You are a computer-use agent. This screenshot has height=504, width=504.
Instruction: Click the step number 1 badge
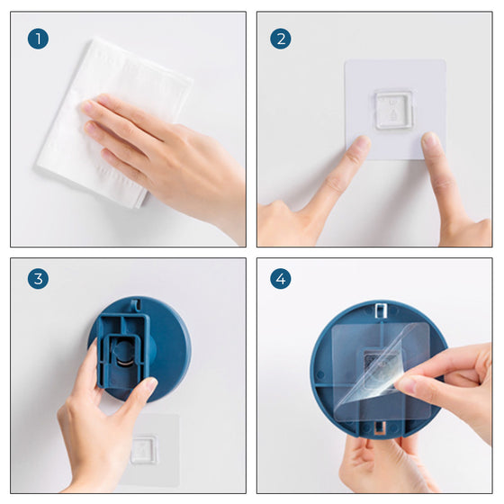tap(38, 39)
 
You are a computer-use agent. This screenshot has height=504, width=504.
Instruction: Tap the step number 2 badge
tap(281, 39)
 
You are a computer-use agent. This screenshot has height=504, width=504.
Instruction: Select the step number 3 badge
tap(38, 279)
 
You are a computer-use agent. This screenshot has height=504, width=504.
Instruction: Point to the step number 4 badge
tap(281, 279)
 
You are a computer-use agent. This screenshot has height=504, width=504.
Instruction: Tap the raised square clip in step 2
tap(394, 110)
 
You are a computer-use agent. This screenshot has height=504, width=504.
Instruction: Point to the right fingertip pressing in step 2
tap(431, 141)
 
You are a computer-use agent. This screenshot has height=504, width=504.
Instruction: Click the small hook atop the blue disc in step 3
tap(137, 305)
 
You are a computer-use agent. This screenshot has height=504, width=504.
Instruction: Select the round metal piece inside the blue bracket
tap(124, 354)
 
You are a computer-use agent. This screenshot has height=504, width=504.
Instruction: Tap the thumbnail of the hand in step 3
tap(150, 384)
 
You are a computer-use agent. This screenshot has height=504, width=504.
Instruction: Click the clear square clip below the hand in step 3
tap(144, 450)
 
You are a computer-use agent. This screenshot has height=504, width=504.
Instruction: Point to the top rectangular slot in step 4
tap(381, 310)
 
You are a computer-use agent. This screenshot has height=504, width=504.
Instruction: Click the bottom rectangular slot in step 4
tap(380, 427)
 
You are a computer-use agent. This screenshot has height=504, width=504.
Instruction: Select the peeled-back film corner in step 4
tap(386, 364)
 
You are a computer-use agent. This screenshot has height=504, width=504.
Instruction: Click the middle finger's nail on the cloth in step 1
tap(90, 127)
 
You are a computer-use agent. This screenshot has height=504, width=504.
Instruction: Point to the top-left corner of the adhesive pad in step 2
tap(346, 60)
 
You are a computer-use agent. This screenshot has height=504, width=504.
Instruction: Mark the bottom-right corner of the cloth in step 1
tap(140, 207)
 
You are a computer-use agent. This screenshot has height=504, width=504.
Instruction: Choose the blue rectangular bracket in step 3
tap(124, 351)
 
